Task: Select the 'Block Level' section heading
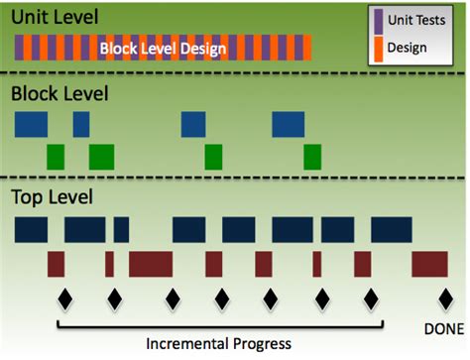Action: pyautogui.click(x=59, y=95)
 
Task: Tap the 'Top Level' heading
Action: pyautogui.click(x=52, y=196)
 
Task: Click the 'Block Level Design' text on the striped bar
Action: pyautogui.click(x=164, y=48)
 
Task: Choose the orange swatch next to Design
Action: pyautogui.click(x=378, y=45)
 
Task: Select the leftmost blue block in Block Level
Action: pyautogui.click(x=31, y=124)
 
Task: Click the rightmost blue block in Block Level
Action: pyautogui.click(x=289, y=124)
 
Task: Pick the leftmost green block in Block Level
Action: pyautogui.click(x=56, y=157)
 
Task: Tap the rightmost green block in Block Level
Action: pyautogui.click(x=312, y=157)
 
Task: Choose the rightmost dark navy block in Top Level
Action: pyautogui.click(x=391, y=230)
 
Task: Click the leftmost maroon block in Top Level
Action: pyautogui.click(x=56, y=264)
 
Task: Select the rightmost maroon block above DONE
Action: pyautogui.click(x=429, y=264)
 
